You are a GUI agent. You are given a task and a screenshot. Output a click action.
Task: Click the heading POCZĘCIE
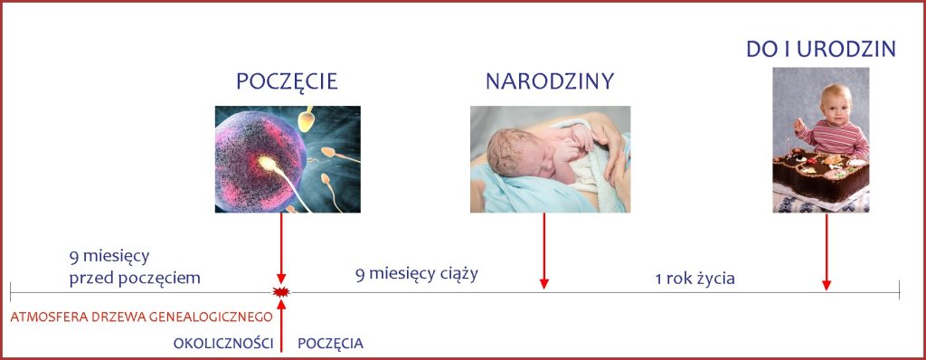[287, 81]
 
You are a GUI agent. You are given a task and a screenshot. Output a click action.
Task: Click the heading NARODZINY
[550, 81]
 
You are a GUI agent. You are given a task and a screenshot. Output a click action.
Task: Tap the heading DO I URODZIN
[820, 50]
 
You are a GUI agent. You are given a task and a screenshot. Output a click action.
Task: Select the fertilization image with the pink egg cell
[287, 159]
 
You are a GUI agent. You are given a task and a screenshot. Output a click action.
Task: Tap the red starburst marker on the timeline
[281, 292]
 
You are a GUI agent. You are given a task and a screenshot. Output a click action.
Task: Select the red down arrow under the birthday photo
[826, 252]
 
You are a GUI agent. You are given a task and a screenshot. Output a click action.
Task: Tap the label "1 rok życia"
[694, 279]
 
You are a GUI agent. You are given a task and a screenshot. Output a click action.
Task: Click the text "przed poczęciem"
[134, 277]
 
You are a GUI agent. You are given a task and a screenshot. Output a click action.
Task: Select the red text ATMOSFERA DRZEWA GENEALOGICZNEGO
[141, 317]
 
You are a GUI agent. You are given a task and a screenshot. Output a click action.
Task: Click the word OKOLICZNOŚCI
[223, 344]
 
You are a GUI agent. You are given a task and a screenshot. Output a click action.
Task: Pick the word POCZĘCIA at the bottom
[330, 344]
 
